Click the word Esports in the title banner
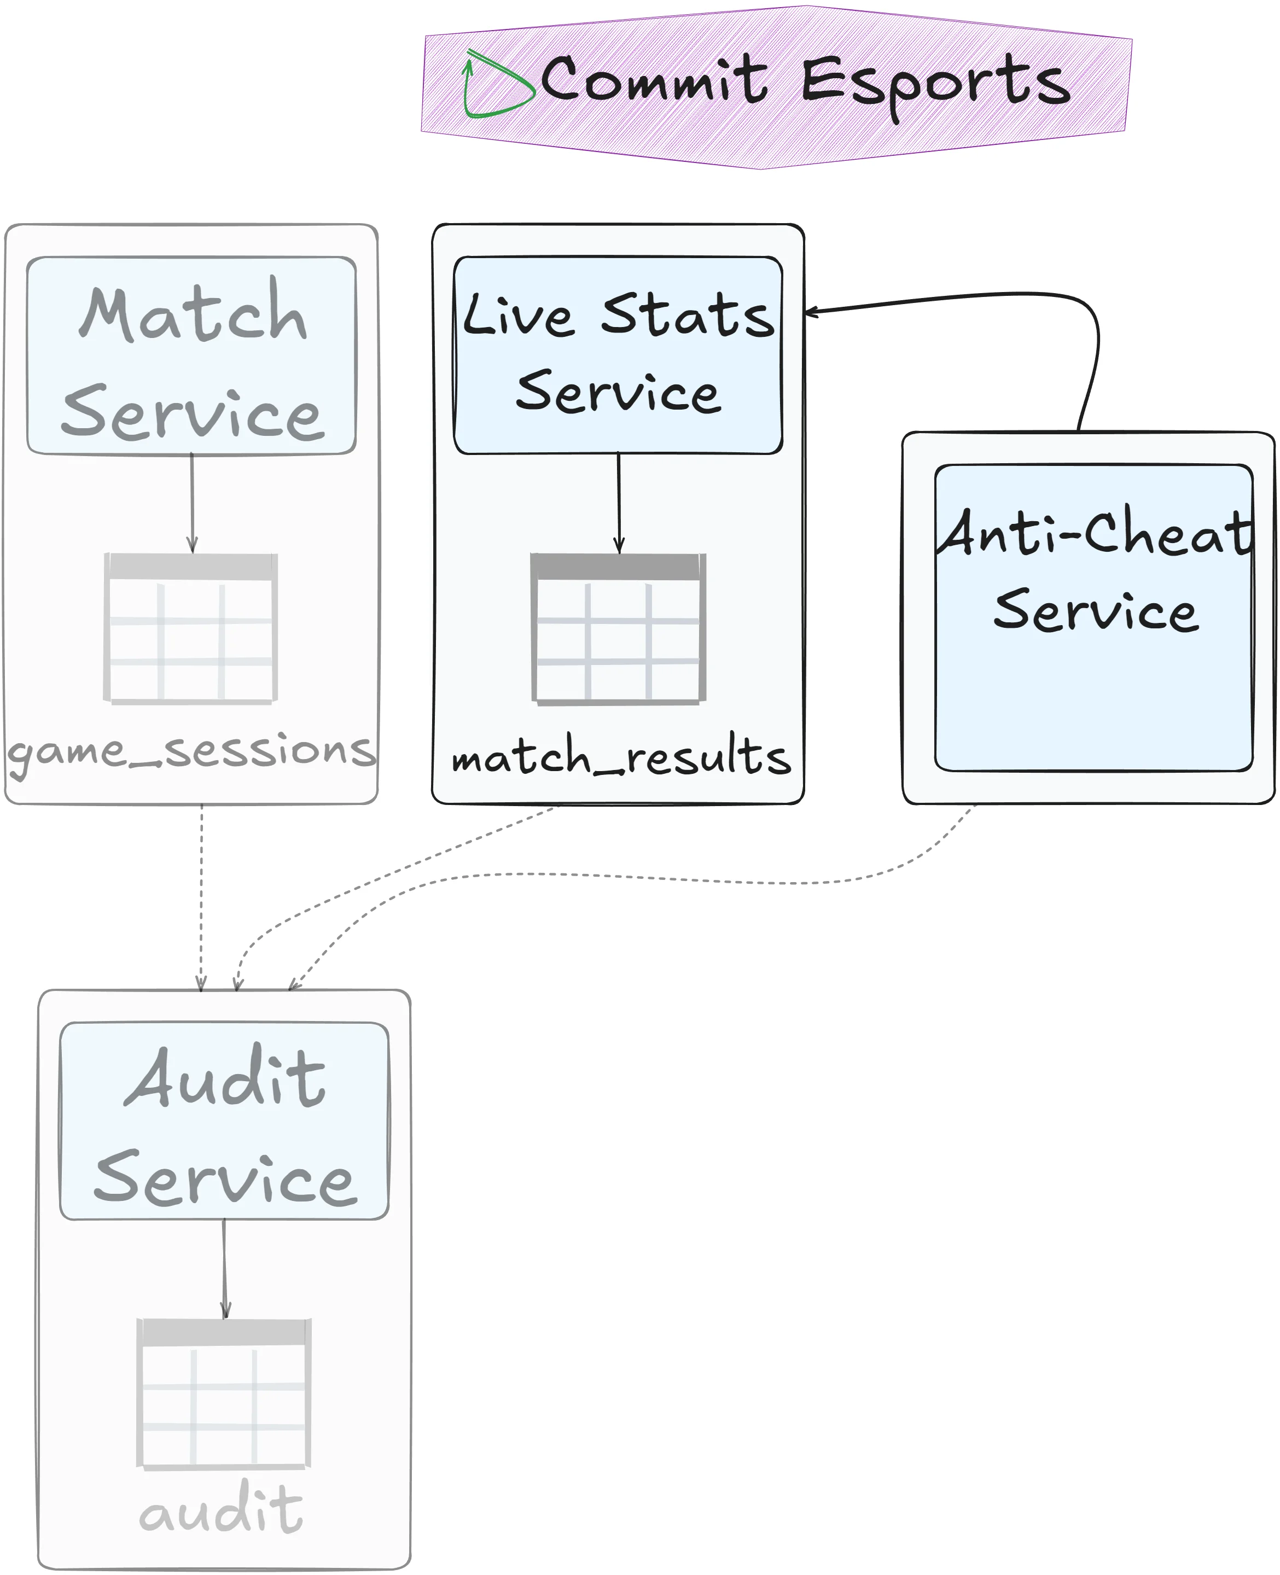pyautogui.click(x=935, y=83)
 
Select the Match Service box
pyautogui.click(x=191, y=355)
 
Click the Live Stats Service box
pyautogui.click(x=618, y=355)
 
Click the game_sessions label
pyautogui.click(x=191, y=752)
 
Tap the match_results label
pyautogui.click(x=621, y=756)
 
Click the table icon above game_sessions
pyautogui.click(x=191, y=628)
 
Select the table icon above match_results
pyautogui.click(x=619, y=628)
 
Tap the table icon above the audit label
pyautogui.click(x=223, y=1393)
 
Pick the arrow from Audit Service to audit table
pyautogui.click(x=225, y=1268)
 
